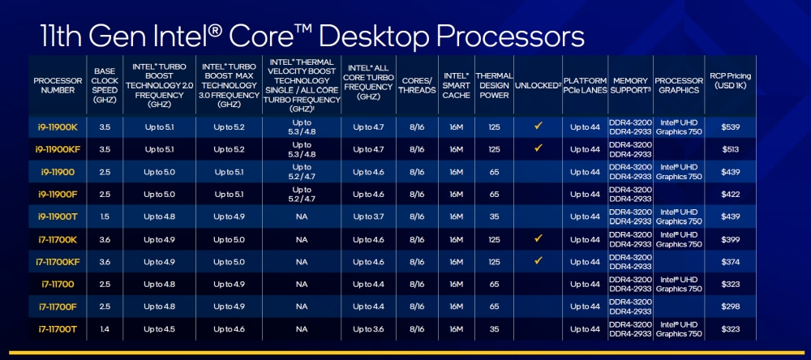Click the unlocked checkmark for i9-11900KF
tap(537, 148)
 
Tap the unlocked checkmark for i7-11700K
tap(537, 238)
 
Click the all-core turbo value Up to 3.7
tap(368, 216)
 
